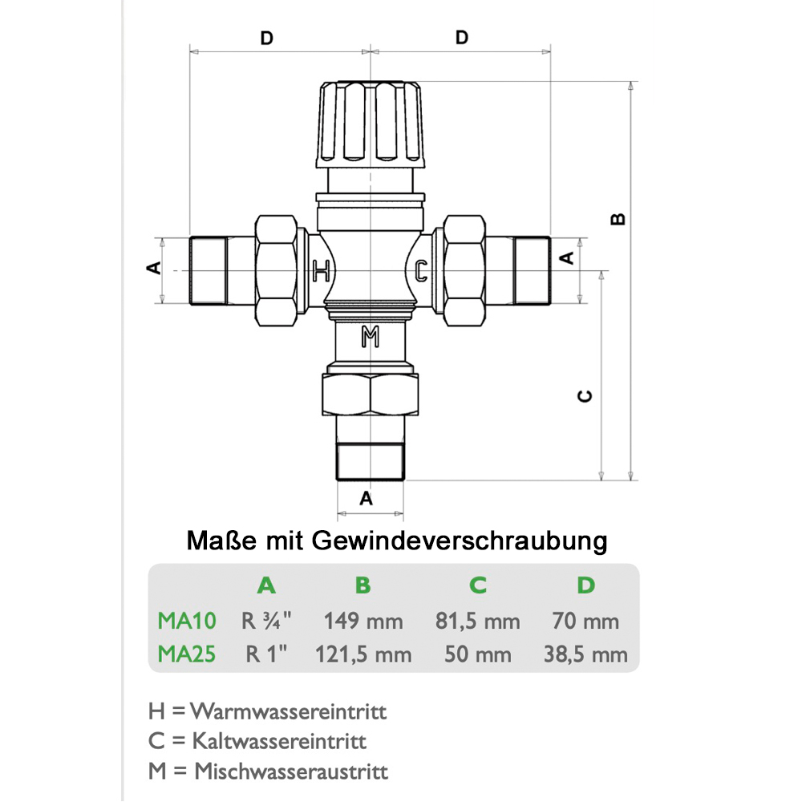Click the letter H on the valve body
coord(321,270)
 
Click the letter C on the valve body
coord(421,270)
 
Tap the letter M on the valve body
coord(370,337)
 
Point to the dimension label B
coord(618,219)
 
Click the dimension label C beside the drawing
coord(585,395)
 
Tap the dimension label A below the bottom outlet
coord(367,497)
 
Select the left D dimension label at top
coord(267,38)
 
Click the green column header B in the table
coord(363,585)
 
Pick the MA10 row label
coord(186,621)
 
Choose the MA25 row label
coord(186,654)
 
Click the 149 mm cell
coord(363,621)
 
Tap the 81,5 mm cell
coord(478,621)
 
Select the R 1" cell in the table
coord(266,654)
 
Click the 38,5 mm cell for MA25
coord(586,654)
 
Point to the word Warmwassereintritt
coord(290,711)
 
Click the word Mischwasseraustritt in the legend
coord(291,772)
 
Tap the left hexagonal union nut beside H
coord(277,270)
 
